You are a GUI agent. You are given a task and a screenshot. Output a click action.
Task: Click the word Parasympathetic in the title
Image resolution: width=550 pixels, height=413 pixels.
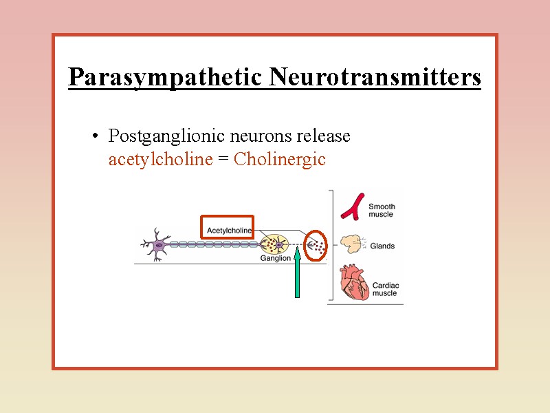click(x=166, y=78)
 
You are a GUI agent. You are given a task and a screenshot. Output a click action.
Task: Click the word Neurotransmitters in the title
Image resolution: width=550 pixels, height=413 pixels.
click(x=375, y=77)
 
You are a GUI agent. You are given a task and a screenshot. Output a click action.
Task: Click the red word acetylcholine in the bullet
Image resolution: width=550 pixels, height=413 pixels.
click(x=160, y=160)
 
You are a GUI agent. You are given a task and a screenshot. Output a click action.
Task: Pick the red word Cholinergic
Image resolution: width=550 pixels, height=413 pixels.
click(x=279, y=160)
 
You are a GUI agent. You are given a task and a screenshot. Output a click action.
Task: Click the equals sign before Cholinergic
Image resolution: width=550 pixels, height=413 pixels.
click(x=223, y=160)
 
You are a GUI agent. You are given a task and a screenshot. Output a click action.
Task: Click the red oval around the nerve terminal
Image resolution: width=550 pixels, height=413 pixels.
click(x=316, y=244)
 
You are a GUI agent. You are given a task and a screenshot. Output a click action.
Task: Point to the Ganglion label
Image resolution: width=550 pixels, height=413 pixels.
click(x=275, y=259)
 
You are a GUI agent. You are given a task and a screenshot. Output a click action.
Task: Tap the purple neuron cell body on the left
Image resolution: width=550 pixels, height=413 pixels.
click(x=159, y=244)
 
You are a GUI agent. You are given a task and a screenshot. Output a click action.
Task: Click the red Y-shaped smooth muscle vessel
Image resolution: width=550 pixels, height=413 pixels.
click(x=354, y=206)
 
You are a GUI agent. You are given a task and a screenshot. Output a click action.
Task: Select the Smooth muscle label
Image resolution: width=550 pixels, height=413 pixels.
click(x=381, y=211)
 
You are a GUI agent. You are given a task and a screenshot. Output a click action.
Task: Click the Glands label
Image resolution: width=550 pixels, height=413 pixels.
click(x=382, y=246)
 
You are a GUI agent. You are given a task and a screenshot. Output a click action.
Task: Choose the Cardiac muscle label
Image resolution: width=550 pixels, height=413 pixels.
click(x=385, y=289)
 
